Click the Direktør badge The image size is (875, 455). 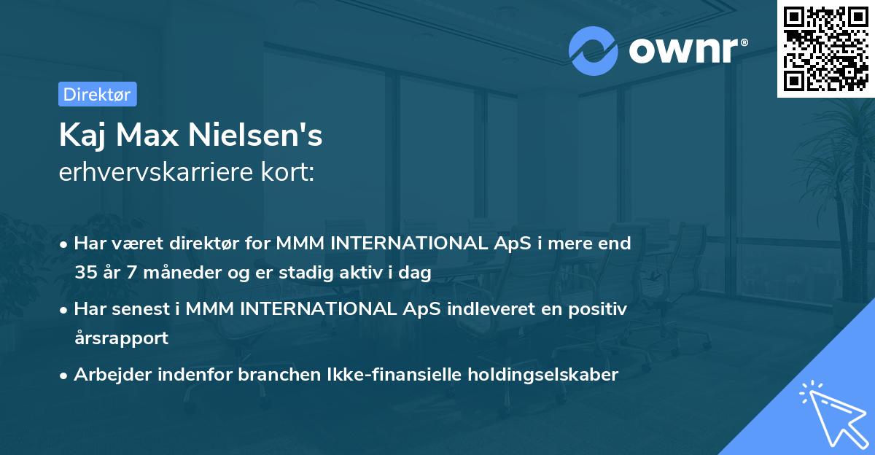point(97,94)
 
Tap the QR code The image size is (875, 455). point(826,49)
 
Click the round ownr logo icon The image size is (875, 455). point(593,51)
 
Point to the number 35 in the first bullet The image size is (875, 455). point(86,273)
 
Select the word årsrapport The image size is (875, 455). point(121,338)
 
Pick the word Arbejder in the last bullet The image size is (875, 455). point(106,375)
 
